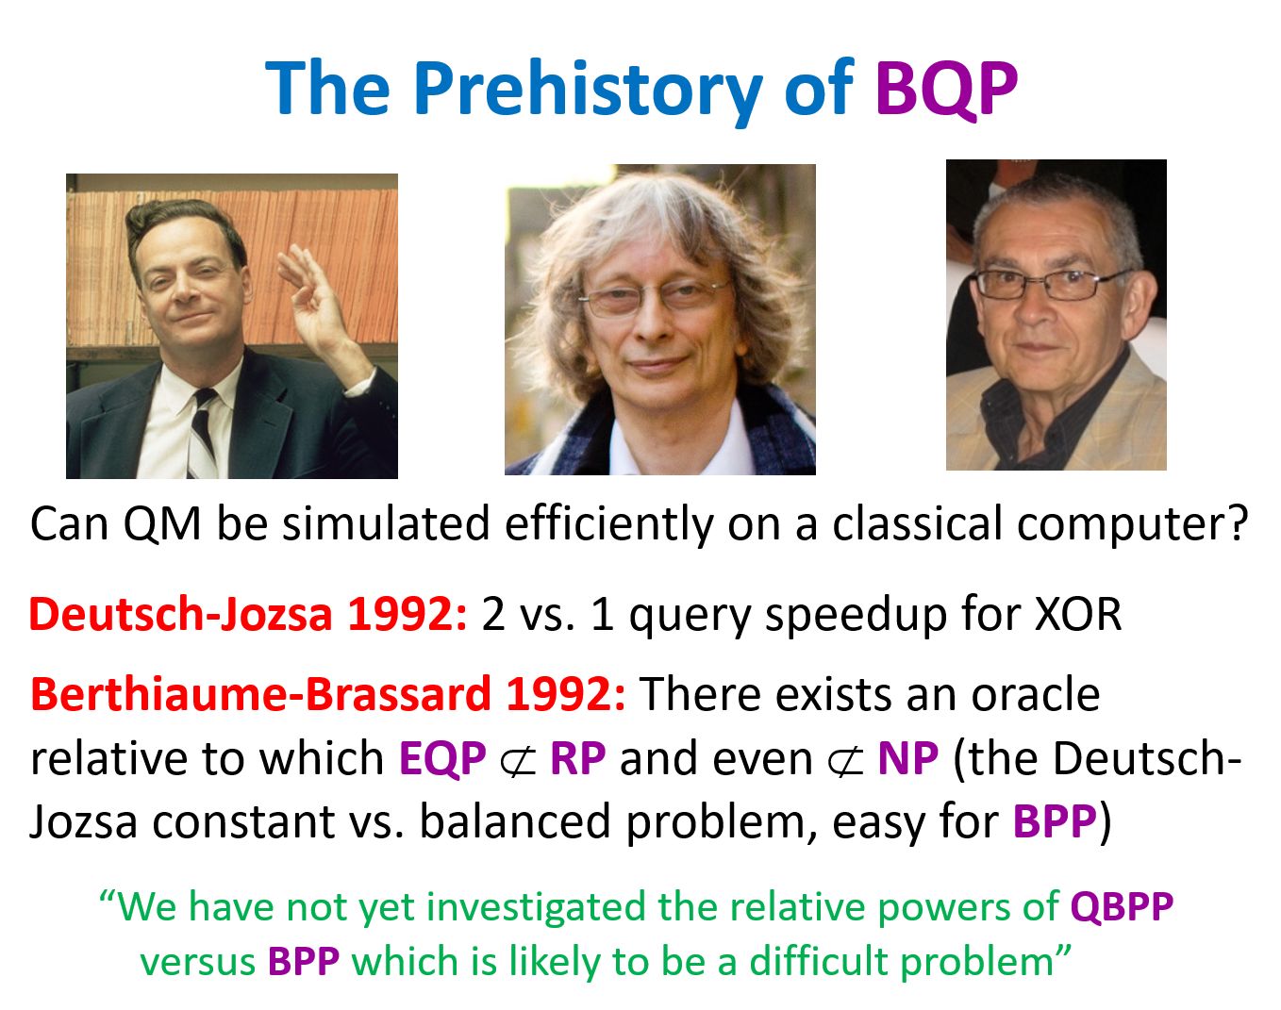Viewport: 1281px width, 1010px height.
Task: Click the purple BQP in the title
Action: coord(946,90)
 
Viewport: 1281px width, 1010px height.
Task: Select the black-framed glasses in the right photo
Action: coord(1053,284)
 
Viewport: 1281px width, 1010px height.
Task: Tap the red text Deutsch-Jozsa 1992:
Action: coord(248,614)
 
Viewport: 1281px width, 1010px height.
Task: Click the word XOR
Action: coord(1078,614)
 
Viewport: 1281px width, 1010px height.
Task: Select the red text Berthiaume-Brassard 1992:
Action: coord(328,694)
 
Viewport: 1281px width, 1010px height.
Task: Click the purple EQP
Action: coord(442,759)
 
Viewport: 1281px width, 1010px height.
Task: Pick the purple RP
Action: coord(577,758)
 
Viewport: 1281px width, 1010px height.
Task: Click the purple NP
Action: coord(907,758)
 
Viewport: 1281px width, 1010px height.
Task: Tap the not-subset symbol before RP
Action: coord(517,761)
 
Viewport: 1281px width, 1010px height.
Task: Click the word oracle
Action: coord(1036,694)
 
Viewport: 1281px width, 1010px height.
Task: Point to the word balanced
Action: coord(515,821)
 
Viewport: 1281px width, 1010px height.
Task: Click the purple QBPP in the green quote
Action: coord(1122,907)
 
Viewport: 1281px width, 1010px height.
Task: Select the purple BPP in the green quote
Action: coord(304,961)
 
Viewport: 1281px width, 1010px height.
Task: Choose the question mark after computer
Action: coord(1238,522)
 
